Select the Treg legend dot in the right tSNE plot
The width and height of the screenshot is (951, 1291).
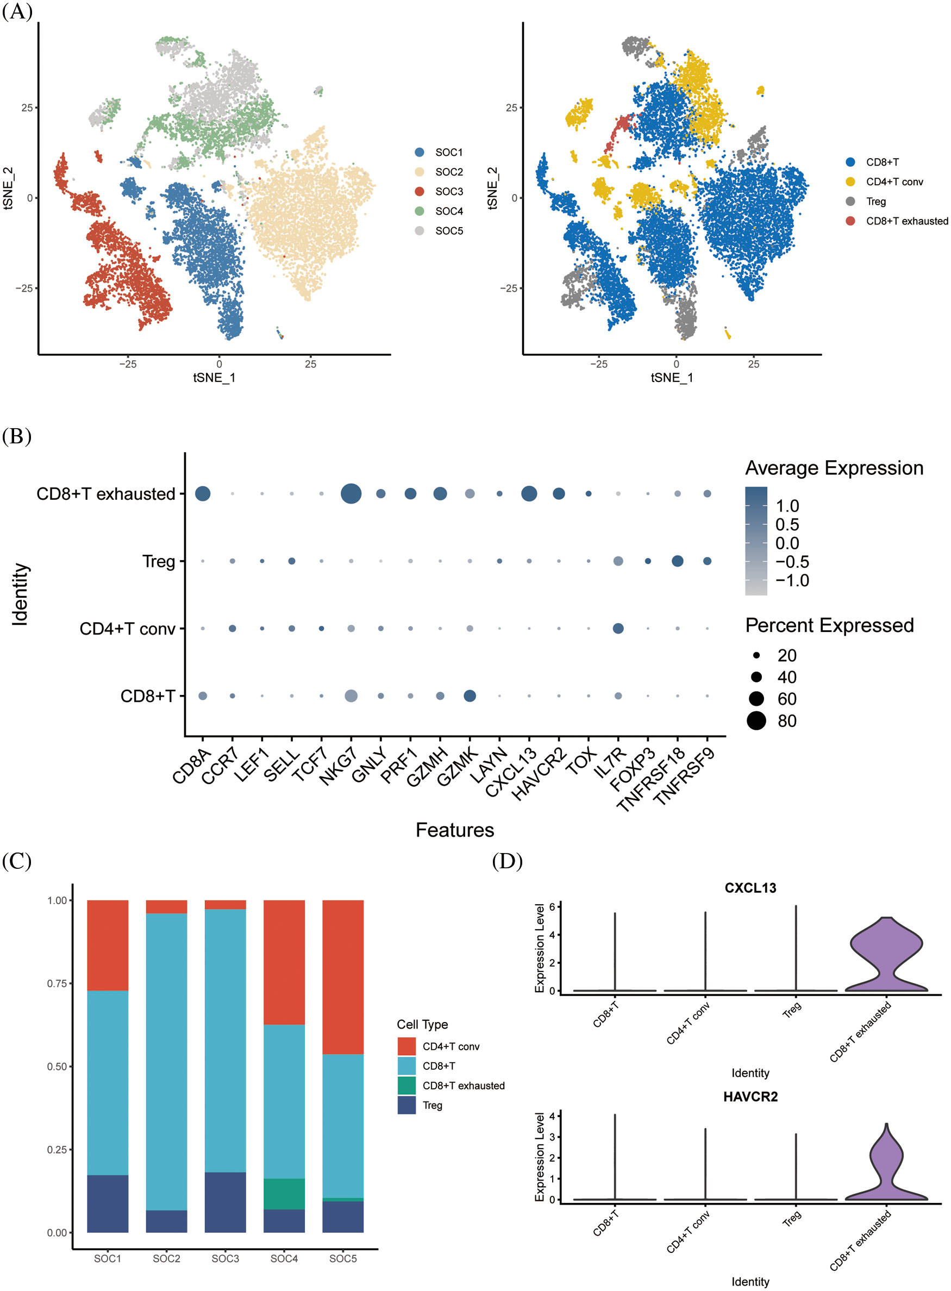(x=850, y=202)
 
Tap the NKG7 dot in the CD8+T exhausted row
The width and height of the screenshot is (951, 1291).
(x=351, y=494)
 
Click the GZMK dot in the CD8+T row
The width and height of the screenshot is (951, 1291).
(x=470, y=696)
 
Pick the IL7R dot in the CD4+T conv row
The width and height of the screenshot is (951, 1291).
(x=618, y=629)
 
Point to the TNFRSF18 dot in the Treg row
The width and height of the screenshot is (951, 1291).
(x=678, y=561)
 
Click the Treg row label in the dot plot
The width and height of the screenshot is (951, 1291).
(x=158, y=561)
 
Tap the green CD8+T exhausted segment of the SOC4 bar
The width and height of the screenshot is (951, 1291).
(x=284, y=1194)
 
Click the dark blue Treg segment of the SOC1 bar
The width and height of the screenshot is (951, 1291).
(x=108, y=1203)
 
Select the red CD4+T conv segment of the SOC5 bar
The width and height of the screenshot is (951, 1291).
(x=342, y=977)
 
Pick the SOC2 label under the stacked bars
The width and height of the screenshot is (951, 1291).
(x=166, y=1259)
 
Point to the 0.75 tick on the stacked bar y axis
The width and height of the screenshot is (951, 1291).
(x=57, y=983)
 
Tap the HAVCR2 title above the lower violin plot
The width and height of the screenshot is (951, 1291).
(x=750, y=1096)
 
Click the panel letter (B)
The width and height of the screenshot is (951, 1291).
(x=17, y=436)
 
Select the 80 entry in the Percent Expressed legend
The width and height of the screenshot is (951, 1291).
(x=787, y=721)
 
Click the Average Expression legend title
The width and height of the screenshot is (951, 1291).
(x=834, y=468)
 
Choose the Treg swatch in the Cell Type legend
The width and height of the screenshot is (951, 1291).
(x=406, y=1105)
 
